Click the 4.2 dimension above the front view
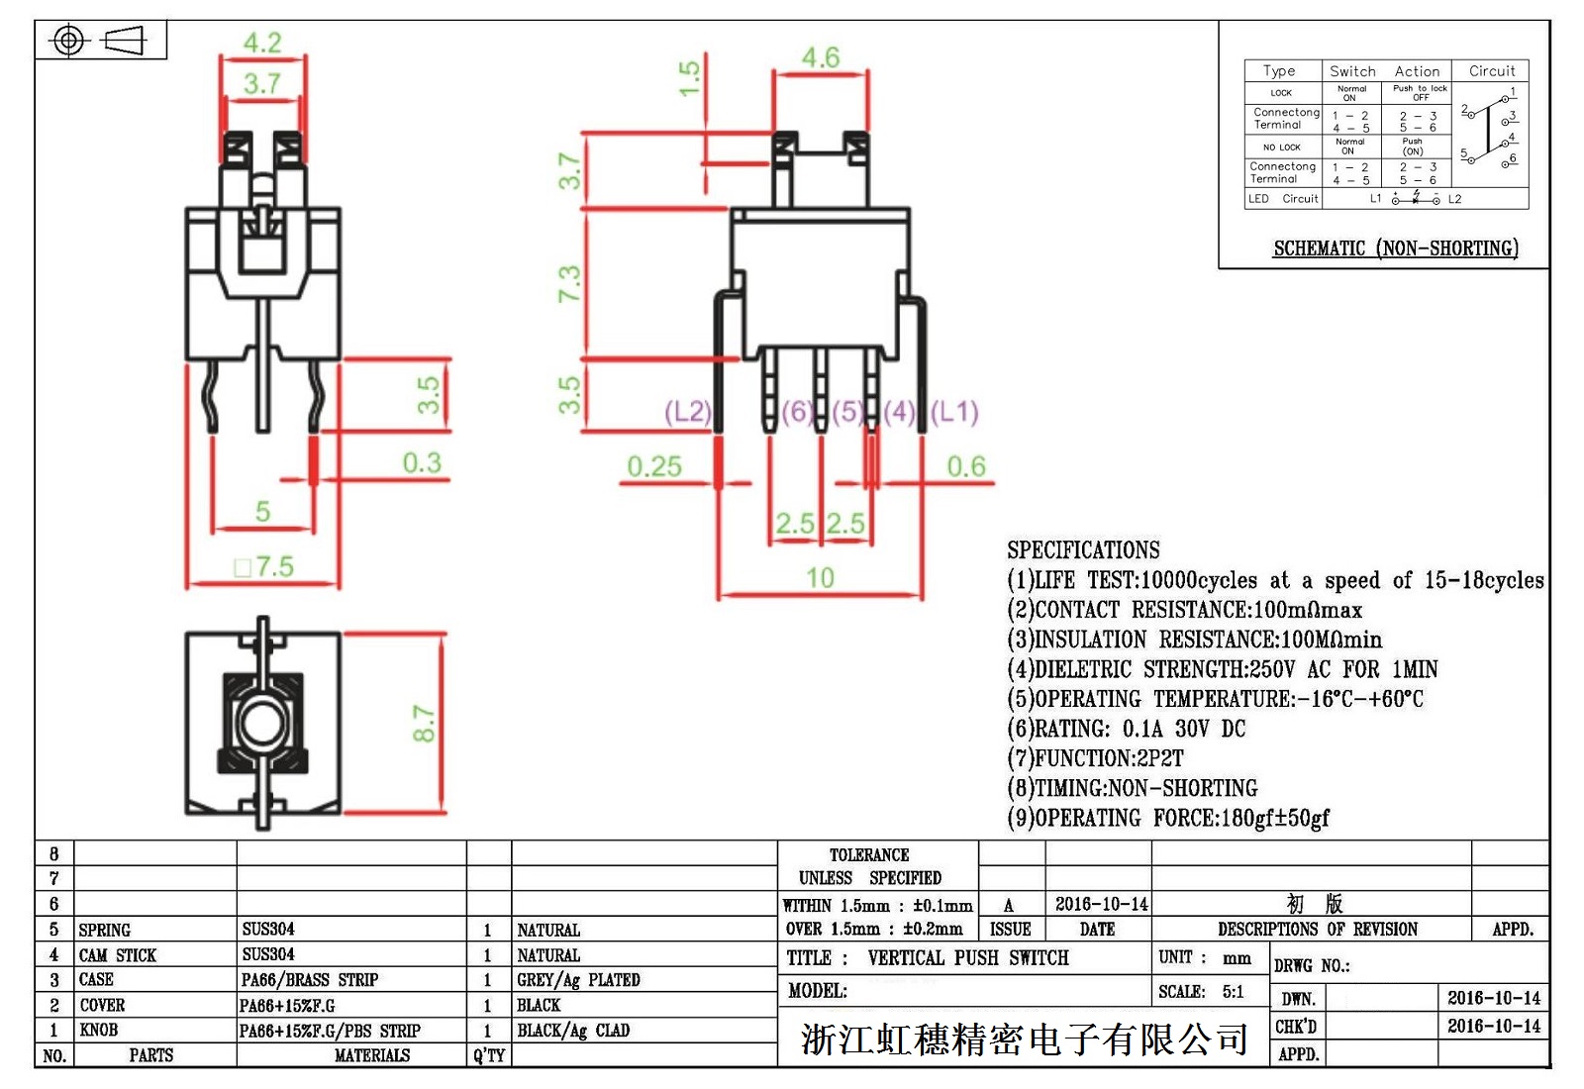pyautogui.click(x=262, y=44)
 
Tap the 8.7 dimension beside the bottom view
pyautogui.click(x=424, y=724)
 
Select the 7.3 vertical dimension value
pyautogui.click(x=568, y=284)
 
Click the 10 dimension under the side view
pyautogui.click(x=820, y=577)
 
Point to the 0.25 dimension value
pyautogui.click(x=654, y=465)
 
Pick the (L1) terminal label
pyautogui.click(x=954, y=412)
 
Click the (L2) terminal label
pyautogui.click(x=687, y=412)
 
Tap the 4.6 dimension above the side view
pyautogui.click(x=820, y=57)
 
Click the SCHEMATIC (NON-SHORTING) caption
pyautogui.click(x=1395, y=247)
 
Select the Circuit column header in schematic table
pyautogui.click(x=1491, y=71)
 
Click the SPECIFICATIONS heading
pyautogui.click(x=1083, y=550)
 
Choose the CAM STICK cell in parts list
pyautogui.click(x=117, y=955)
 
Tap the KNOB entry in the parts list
pyautogui.click(x=98, y=1031)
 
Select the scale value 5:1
pyautogui.click(x=1233, y=992)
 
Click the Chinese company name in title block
pyautogui.click(x=1024, y=1039)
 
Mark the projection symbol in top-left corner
pyautogui.click(x=100, y=41)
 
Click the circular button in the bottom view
pyautogui.click(x=262, y=724)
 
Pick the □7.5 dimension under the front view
pyautogui.click(x=264, y=566)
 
